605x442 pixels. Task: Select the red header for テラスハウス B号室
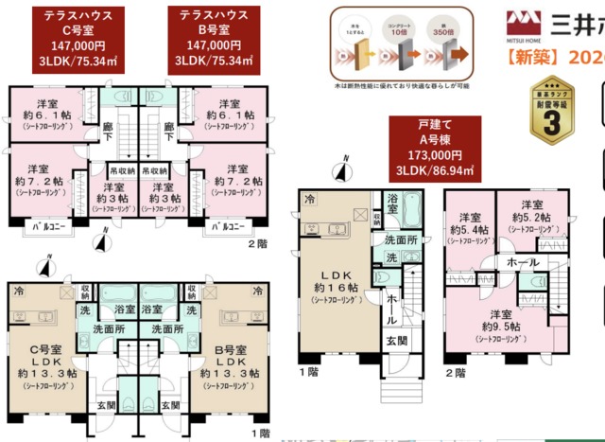[215, 39]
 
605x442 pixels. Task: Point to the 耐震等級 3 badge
[551, 111]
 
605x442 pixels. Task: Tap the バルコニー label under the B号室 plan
[230, 227]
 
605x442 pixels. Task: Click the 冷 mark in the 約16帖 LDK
[309, 199]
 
